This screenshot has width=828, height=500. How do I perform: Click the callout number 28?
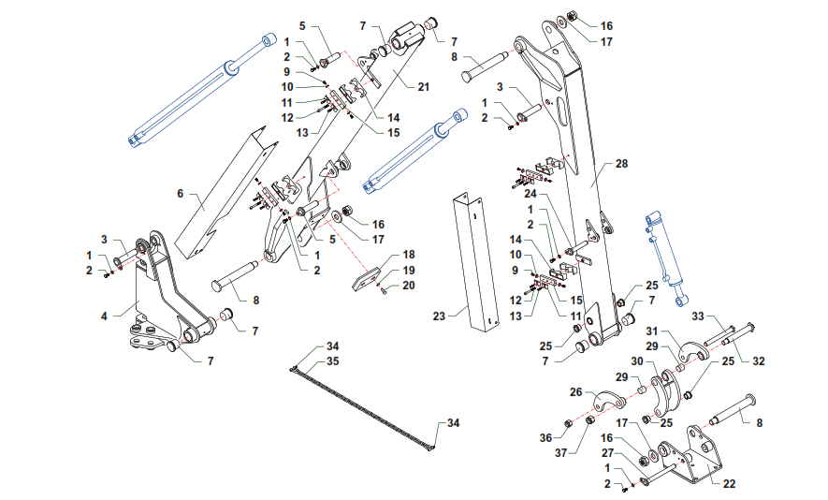pyautogui.click(x=622, y=163)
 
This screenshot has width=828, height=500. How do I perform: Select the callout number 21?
pyautogui.click(x=423, y=87)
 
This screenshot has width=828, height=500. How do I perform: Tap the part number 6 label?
pyautogui.click(x=180, y=194)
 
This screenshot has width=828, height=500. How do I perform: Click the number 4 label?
pyautogui.click(x=105, y=316)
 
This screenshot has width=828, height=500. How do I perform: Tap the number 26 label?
pyautogui.click(x=575, y=392)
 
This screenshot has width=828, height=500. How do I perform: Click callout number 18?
pyautogui.click(x=408, y=255)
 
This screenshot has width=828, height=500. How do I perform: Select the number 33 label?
pyautogui.click(x=696, y=316)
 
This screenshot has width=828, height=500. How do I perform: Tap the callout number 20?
pyautogui.click(x=408, y=285)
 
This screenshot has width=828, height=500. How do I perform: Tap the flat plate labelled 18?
pyautogui.click(x=369, y=279)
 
